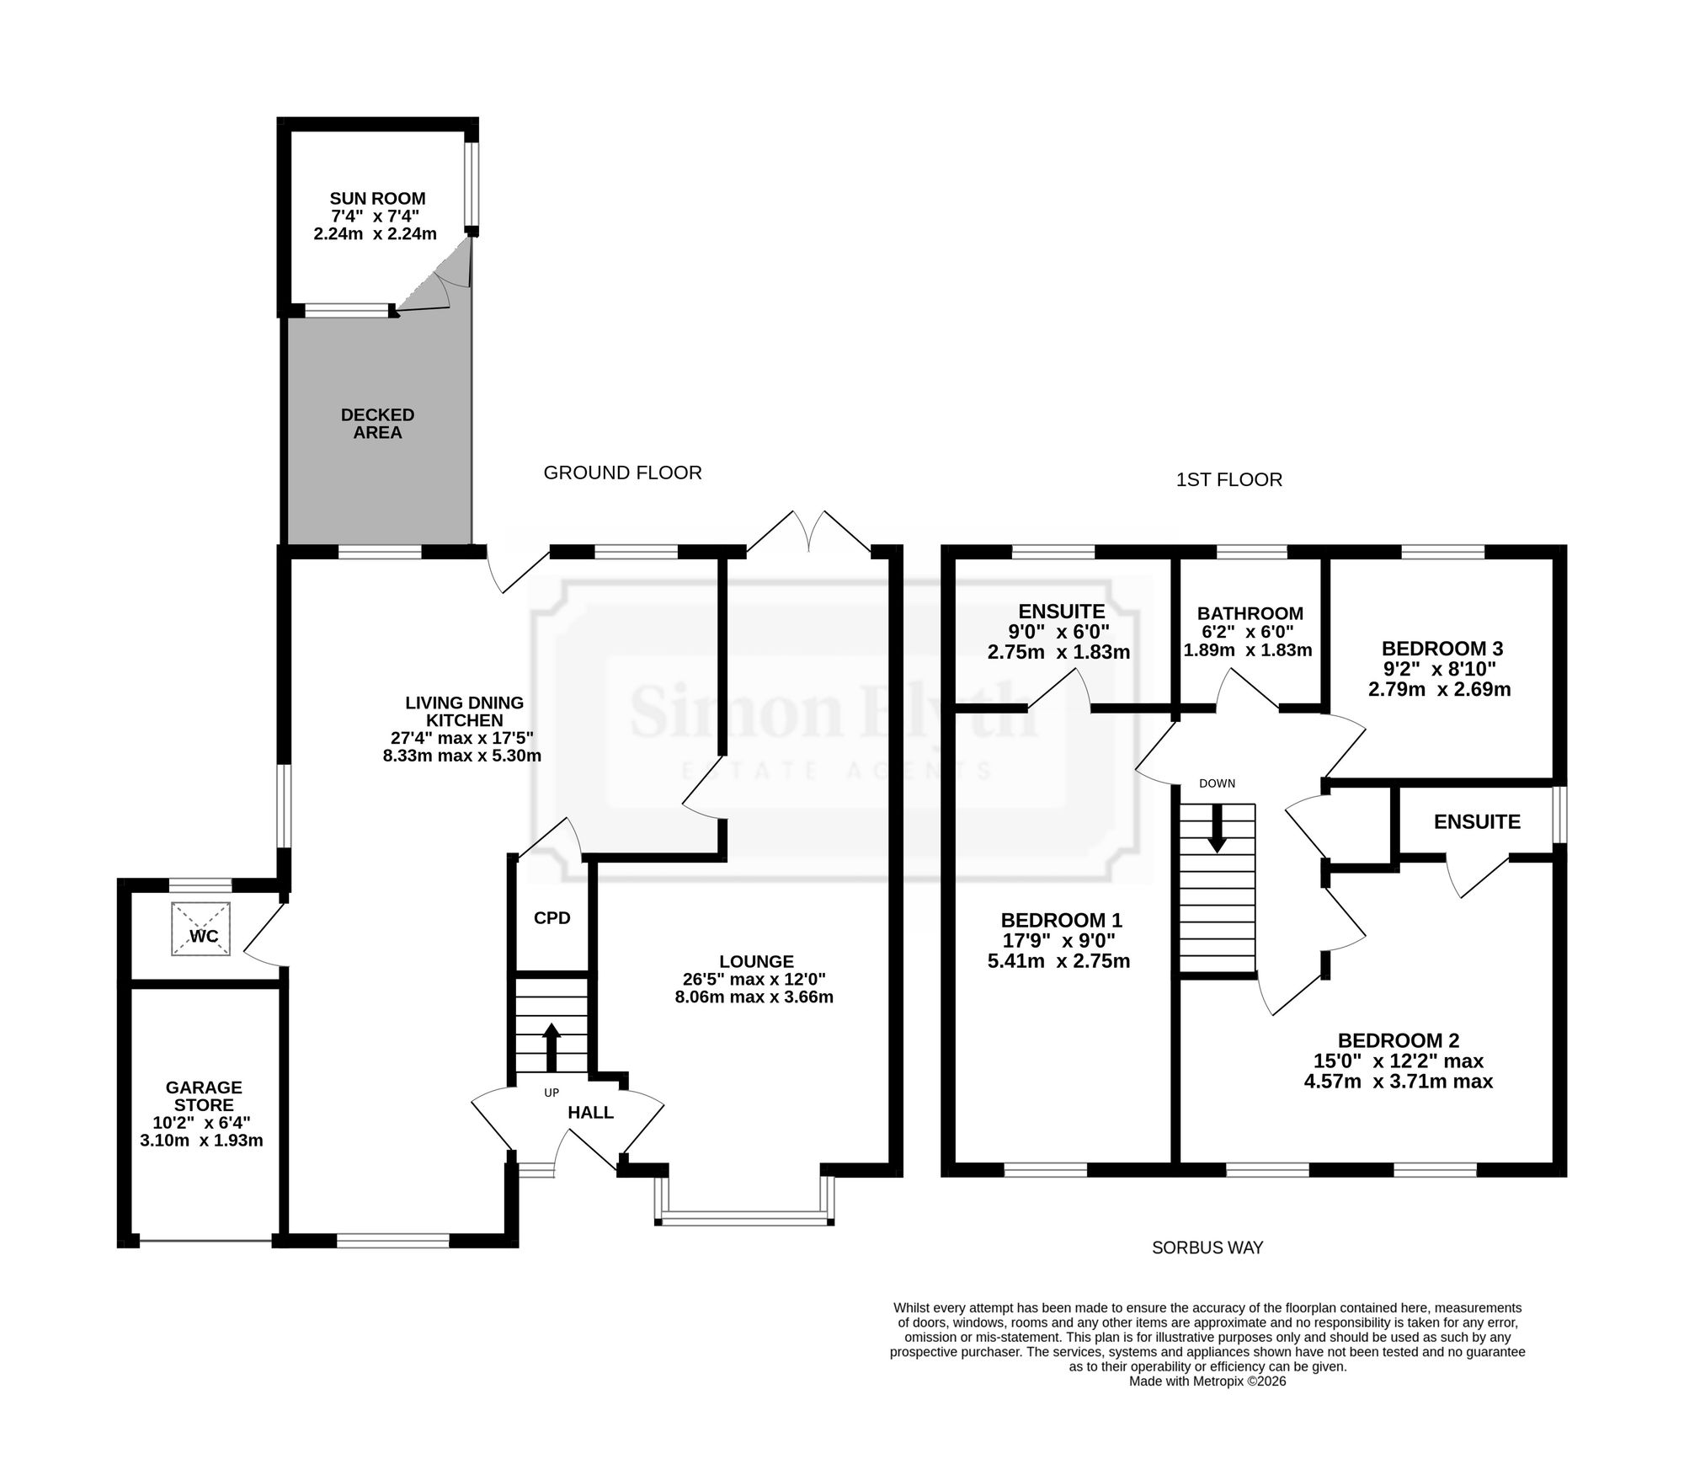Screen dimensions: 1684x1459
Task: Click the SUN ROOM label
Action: pos(377,199)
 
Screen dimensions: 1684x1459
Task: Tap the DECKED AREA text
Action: pos(377,424)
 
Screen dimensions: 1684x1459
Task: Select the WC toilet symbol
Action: pos(201,929)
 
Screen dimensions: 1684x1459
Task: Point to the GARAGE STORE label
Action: pos(204,1096)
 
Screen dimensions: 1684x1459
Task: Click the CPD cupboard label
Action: pos(552,918)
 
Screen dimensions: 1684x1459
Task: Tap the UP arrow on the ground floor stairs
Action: pos(552,1047)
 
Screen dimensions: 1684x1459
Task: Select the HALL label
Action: pos(590,1113)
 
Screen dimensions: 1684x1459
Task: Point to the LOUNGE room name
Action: pos(756,961)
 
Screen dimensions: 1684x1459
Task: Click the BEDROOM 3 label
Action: pos(1442,649)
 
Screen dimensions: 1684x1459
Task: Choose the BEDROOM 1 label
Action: pos(1061,920)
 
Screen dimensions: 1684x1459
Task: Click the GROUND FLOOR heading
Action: pos(622,473)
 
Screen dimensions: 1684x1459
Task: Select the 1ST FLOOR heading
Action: pos(1229,480)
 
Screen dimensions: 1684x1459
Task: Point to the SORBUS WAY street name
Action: pos(1207,1248)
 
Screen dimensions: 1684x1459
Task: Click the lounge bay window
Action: pos(744,1216)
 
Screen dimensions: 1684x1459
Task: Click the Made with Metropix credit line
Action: pos(1207,1382)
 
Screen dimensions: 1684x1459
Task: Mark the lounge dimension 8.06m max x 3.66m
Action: pos(754,998)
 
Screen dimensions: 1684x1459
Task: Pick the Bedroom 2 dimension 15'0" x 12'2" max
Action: pos(1399,1061)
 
